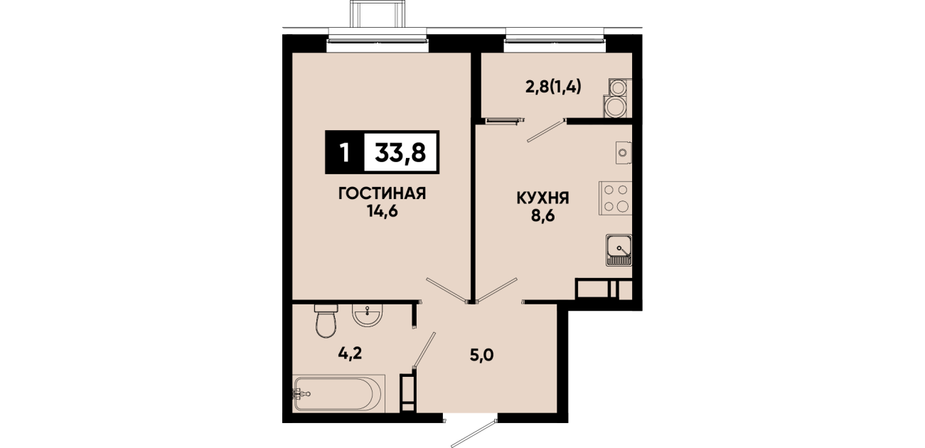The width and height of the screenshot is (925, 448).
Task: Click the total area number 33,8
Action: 400,152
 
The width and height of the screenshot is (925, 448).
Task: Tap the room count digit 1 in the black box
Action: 344,152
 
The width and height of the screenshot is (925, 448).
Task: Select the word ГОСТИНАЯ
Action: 382,193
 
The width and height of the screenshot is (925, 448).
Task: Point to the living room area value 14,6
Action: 382,211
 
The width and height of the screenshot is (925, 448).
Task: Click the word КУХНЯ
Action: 542,198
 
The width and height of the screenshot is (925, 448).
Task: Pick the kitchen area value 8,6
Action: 542,216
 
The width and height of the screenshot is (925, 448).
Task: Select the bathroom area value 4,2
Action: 351,353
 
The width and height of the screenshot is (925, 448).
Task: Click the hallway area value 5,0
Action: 482,355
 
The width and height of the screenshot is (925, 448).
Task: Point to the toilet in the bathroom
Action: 326,321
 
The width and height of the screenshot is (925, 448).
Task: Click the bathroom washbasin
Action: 367,315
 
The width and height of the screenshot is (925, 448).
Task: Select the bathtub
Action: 338,393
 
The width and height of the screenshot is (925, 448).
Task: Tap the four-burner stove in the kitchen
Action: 615,198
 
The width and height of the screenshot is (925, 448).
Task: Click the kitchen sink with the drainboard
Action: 619,250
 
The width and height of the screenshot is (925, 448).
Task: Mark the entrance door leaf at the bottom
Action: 474,434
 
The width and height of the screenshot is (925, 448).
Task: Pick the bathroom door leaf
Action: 424,349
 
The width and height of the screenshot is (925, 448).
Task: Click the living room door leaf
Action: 447,289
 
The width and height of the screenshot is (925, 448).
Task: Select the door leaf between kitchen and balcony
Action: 546,130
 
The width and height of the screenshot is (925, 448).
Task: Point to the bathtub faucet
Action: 301,393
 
